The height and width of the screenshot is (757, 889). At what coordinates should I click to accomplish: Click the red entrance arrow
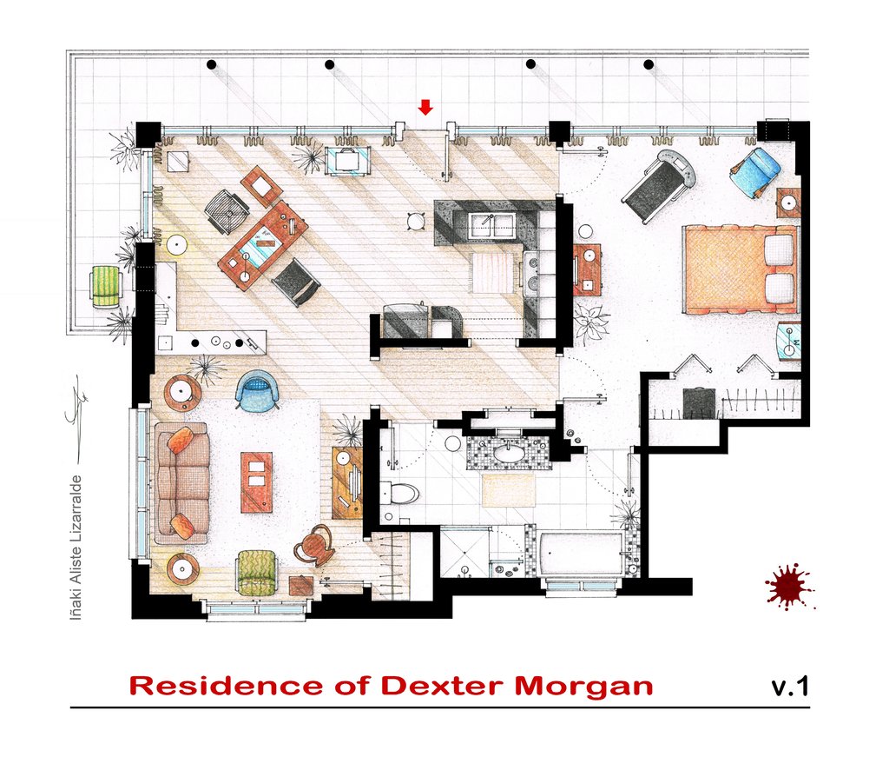pyautogui.click(x=425, y=107)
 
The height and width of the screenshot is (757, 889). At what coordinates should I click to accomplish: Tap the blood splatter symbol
pyautogui.click(x=789, y=586)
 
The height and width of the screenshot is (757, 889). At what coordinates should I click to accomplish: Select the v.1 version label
pyautogui.click(x=789, y=686)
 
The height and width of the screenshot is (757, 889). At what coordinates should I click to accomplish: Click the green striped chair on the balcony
pyautogui.click(x=106, y=285)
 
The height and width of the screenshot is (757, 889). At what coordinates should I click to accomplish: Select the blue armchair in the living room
pyautogui.click(x=258, y=388)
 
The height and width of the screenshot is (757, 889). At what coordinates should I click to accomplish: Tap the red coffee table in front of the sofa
pyautogui.click(x=256, y=481)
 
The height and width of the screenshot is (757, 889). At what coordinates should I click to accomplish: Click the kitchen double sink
pyautogui.click(x=492, y=225)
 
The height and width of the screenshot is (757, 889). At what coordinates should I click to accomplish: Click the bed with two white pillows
pyautogui.click(x=740, y=269)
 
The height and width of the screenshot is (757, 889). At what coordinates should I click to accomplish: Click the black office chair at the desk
pyautogui.click(x=295, y=282)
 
